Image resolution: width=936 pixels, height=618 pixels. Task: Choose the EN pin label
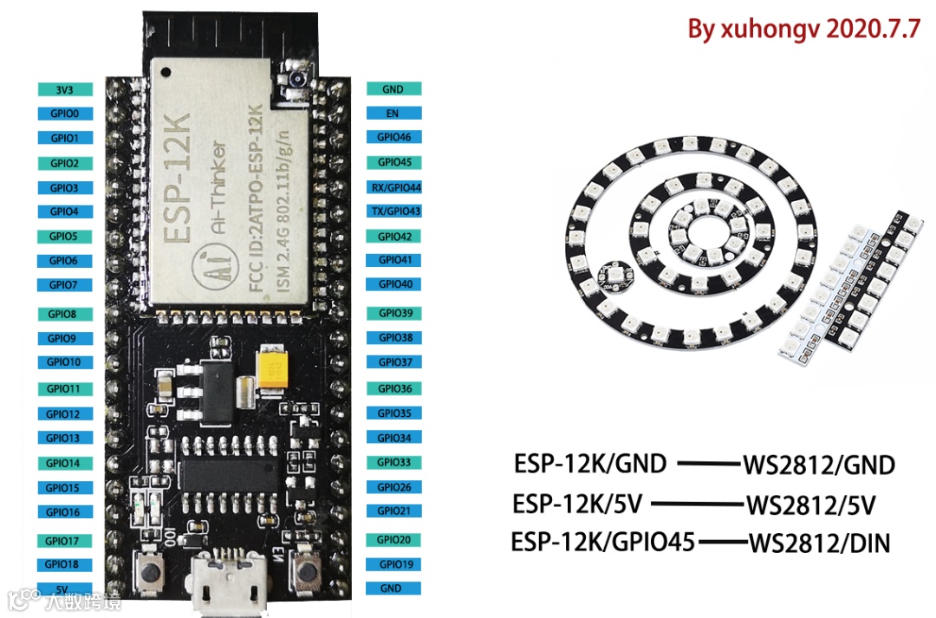(392, 113)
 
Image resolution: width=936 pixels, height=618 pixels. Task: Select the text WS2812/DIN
(819, 544)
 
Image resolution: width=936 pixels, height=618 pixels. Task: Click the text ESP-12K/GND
(590, 464)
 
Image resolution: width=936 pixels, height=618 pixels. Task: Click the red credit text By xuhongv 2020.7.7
(803, 29)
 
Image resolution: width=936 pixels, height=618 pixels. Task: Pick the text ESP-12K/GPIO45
(603, 543)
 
